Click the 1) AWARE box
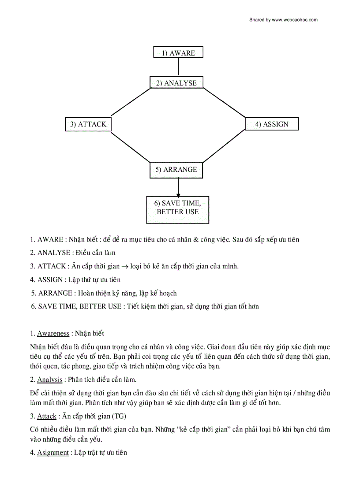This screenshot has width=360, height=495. coord(178,52)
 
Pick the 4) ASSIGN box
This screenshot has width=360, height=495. coord(271,124)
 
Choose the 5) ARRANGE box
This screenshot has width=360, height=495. coord(176,170)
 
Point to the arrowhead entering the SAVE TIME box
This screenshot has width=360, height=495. coord(178,194)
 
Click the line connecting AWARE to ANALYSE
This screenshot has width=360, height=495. coord(178,67)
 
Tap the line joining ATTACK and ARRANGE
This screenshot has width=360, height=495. coord(131,147)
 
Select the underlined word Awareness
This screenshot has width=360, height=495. coord(53,334)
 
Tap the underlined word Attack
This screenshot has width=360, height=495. coord(47,416)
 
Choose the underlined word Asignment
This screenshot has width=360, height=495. coord(53,453)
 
